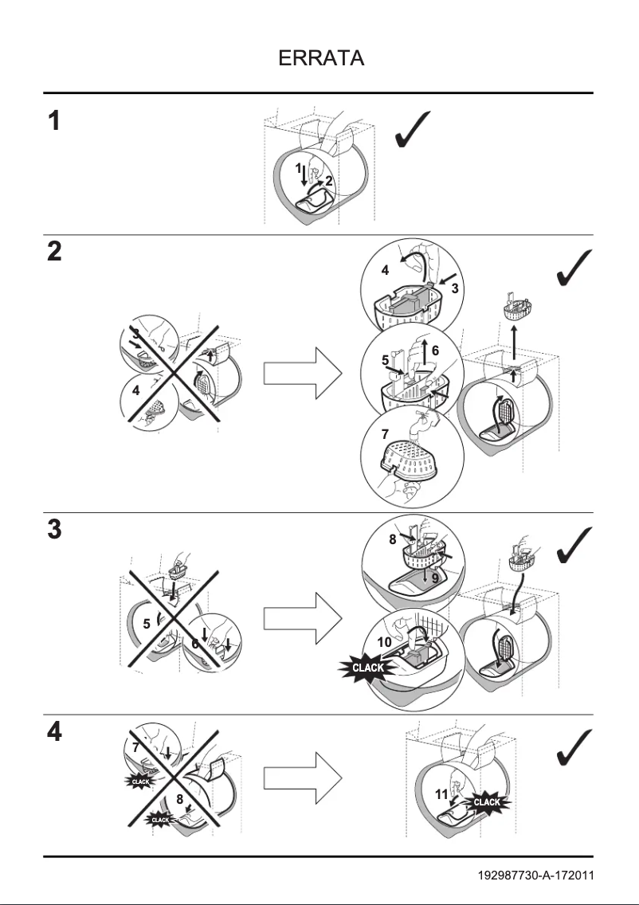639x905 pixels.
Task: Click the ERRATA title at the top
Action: (x=321, y=59)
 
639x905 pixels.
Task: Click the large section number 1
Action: (x=53, y=122)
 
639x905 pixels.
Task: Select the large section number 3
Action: (x=53, y=531)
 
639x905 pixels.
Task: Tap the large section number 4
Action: (x=53, y=732)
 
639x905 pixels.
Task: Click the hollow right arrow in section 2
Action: (x=302, y=373)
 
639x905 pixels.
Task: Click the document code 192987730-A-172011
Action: (x=535, y=876)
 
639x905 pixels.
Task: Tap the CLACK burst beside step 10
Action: (x=368, y=668)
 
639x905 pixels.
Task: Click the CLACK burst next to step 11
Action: (x=486, y=801)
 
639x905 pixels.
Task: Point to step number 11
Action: (x=441, y=794)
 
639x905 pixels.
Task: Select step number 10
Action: (x=385, y=641)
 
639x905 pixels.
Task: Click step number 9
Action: (x=435, y=579)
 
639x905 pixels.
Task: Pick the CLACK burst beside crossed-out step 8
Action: (x=160, y=819)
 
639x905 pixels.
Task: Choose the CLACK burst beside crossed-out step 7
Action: (x=140, y=782)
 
